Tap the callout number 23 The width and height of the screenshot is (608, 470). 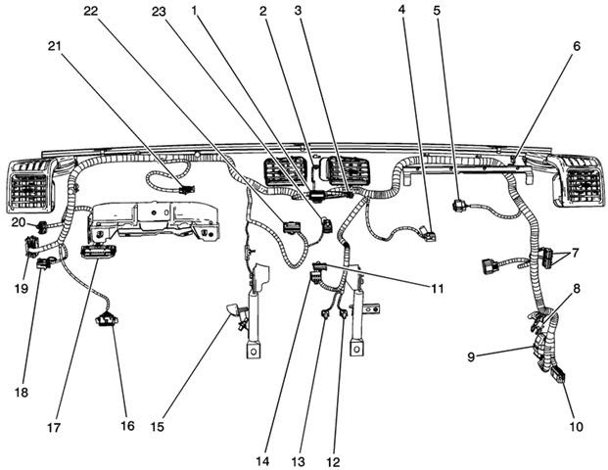[160, 11]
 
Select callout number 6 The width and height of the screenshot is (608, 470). [576, 46]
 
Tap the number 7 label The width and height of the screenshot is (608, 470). [576, 253]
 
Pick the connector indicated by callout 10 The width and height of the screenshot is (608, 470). [556, 374]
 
